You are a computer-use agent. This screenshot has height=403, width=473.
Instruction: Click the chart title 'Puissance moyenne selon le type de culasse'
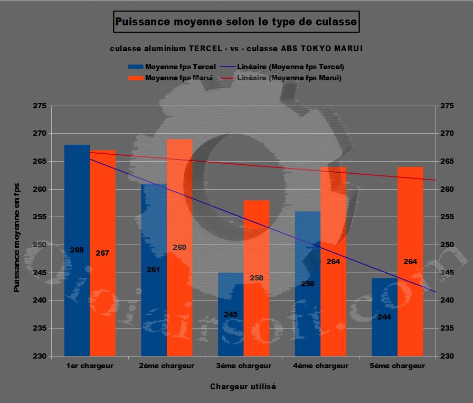(x=236, y=23)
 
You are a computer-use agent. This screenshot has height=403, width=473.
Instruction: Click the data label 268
(x=77, y=250)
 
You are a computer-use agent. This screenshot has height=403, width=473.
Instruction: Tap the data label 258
(x=257, y=278)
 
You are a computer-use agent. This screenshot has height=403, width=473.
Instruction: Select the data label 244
(x=384, y=317)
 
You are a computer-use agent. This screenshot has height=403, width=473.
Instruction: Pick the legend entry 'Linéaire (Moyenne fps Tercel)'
(x=291, y=67)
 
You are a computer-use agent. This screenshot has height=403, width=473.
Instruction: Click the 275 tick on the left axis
(x=39, y=106)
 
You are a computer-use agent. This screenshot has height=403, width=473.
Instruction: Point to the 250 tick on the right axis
(x=446, y=245)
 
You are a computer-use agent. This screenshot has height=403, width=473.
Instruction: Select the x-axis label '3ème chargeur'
(x=243, y=365)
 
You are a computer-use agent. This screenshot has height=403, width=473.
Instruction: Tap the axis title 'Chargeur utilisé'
(x=243, y=386)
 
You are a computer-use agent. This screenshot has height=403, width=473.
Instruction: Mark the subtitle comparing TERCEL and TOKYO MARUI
(x=236, y=49)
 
